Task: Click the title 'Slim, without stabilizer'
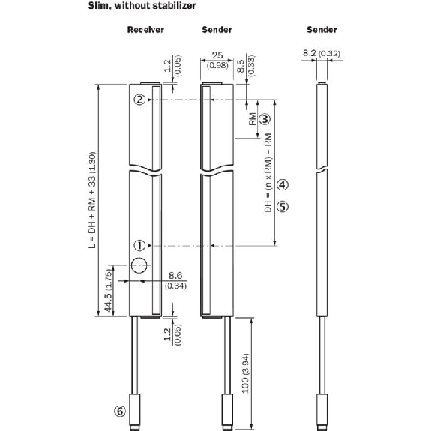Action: [142, 5]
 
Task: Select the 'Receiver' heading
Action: [145, 30]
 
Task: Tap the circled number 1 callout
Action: [139, 245]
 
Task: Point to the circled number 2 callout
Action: [139, 100]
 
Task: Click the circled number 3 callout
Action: [265, 119]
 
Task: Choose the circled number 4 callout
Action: [283, 185]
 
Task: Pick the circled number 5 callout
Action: [283, 206]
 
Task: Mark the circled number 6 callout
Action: [120, 412]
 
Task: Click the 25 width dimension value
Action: [217, 55]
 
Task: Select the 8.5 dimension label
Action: [241, 66]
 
